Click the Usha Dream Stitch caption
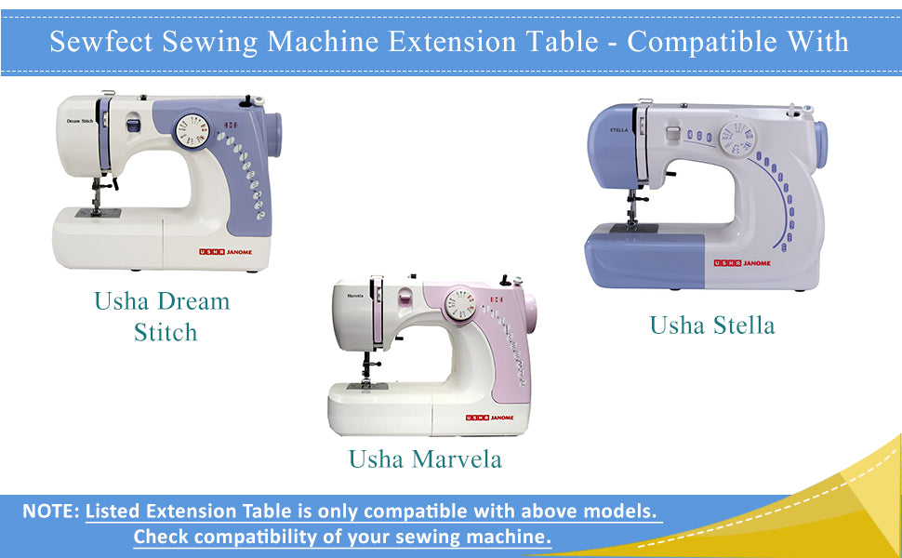click(x=163, y=316)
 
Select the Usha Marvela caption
click(x=425, y=458)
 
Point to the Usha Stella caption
click(x=711, y=325)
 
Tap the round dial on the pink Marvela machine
click(x=458, y=304)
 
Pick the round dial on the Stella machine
click(x=737, y=140)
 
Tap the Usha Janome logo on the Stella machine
click(x=742, y=263)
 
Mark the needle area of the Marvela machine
click(x=365, y=368)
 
